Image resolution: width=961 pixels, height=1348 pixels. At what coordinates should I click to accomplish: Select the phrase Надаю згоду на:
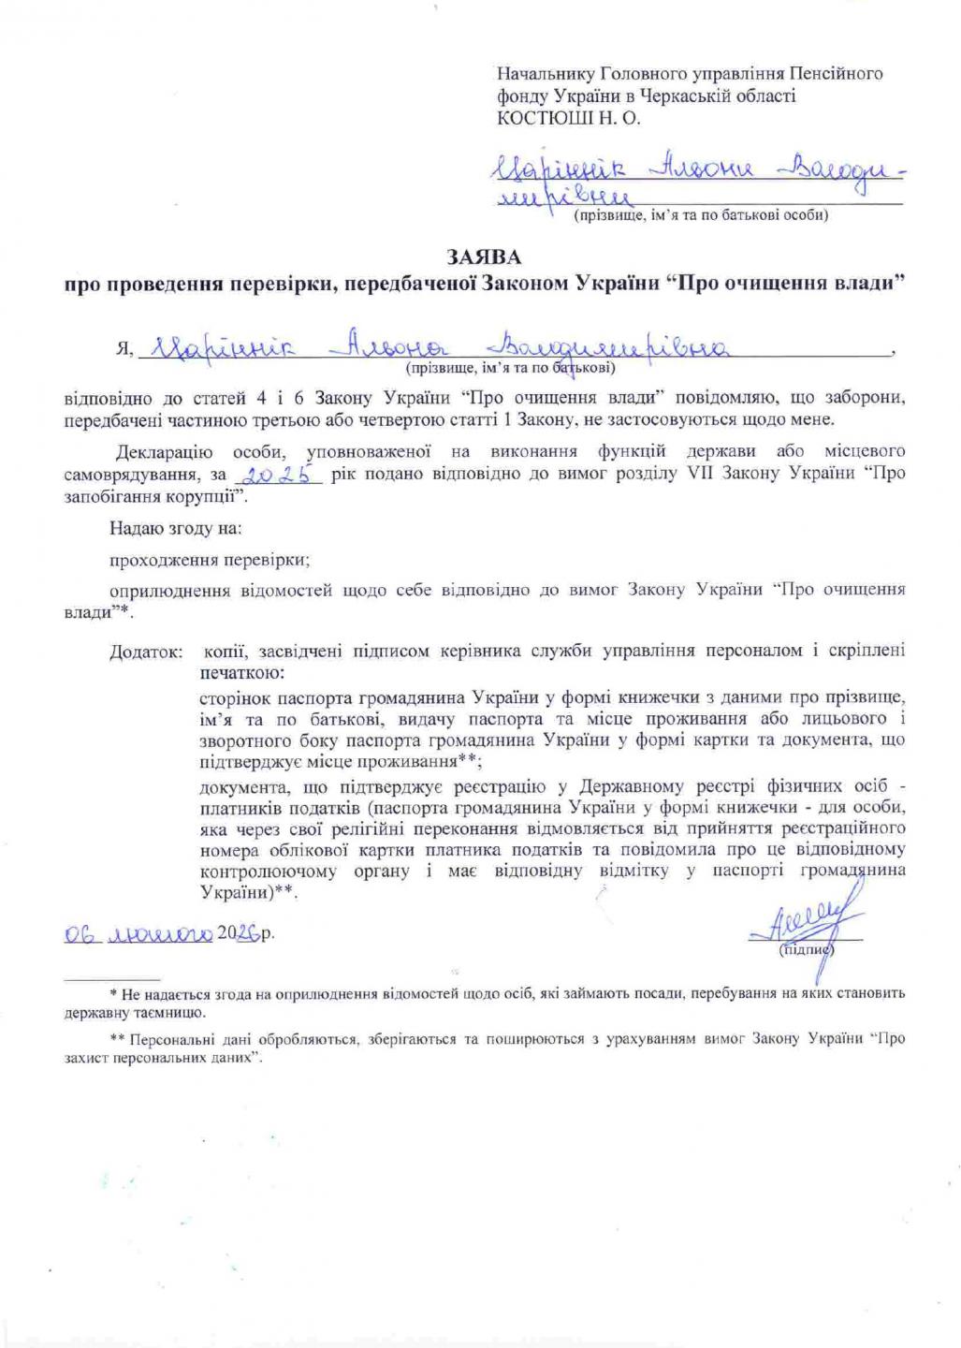[x=176, y=528]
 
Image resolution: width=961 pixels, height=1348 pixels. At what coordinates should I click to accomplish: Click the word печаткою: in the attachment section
[x=237, y=672]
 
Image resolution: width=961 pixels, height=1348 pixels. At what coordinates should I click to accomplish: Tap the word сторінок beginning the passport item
[x=231, y=696]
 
